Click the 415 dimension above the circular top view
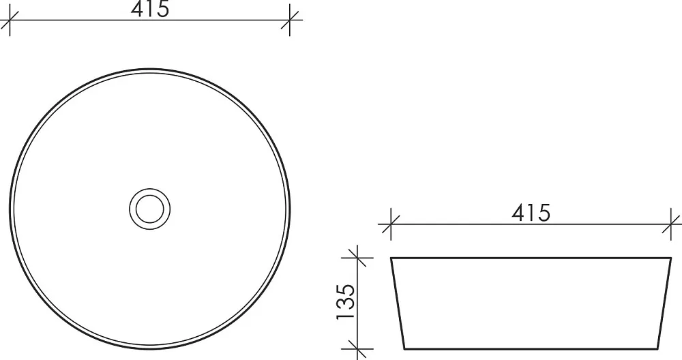click(x=149, y=9)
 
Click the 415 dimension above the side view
click(x=531, y=213)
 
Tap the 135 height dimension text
click(x=346, y=302)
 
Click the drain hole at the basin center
click(x=149, y=209)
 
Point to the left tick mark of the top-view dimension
click(x=10, y=20)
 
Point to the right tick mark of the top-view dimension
click(x=290, y=20)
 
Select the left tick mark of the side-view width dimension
click(x=391, y=225)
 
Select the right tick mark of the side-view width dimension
click(x=670, y=225)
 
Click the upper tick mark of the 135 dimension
click(x=357, y=258)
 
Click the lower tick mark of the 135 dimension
click(x=357, y=348)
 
